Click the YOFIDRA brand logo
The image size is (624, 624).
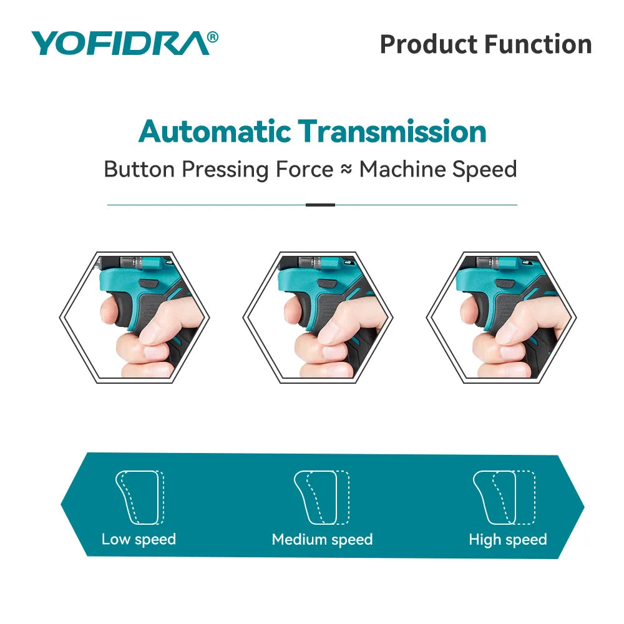(x=119, y=44)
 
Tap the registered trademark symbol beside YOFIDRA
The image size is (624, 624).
(x=212, y=37)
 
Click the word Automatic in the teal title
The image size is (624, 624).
(x=215, y=132)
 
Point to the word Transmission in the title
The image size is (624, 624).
(x=392, y=132)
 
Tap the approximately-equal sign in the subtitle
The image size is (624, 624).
(x=346, y=170)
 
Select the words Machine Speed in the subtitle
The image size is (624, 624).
(x=438, y=170)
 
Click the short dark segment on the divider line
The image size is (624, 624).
(x=320, y=205)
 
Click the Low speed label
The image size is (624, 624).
(x=139, y=539)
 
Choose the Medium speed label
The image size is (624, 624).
(x=322, y=539)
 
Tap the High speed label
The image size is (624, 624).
(x=507, y=539)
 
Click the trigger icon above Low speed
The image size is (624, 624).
(x=139, y=497)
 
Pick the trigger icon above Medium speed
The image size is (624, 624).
(x=321, y=497)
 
